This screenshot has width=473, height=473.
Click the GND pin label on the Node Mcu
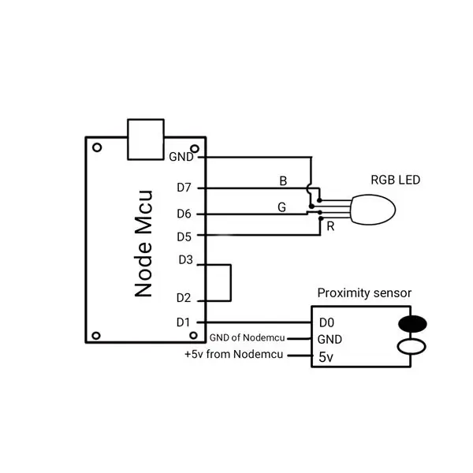(x=181, y=157)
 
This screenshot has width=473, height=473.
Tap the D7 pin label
(x=184, y=188)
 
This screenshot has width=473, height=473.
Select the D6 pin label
(x=184, y=214)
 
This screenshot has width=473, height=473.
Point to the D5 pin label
(x=184, y=236)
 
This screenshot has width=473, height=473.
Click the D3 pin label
(x=185, y=259)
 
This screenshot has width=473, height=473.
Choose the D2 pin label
(x=184, y=298)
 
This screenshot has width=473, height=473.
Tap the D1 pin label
(x=183, y=322)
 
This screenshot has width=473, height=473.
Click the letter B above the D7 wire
(x=283, y=181)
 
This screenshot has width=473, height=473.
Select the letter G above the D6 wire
(x=281, y=207)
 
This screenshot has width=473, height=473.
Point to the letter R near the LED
(x=330, y=226)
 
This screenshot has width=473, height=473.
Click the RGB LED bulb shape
(x=373, y=210)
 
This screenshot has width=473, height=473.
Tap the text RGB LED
(x=396, y=180)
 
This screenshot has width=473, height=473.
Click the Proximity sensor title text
(x=364, y=293)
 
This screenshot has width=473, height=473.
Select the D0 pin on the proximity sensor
(x=326, y=323)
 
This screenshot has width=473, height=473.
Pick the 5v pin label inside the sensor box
(x=326, y=357)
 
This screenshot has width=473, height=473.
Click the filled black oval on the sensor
(x=412, y=324)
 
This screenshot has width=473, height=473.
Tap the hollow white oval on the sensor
(x=412, y=346)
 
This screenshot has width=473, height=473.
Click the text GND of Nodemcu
(x=247, y=337)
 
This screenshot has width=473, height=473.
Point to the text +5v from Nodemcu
(x=234, y=354)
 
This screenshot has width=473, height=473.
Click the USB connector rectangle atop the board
(x=146, y=140)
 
